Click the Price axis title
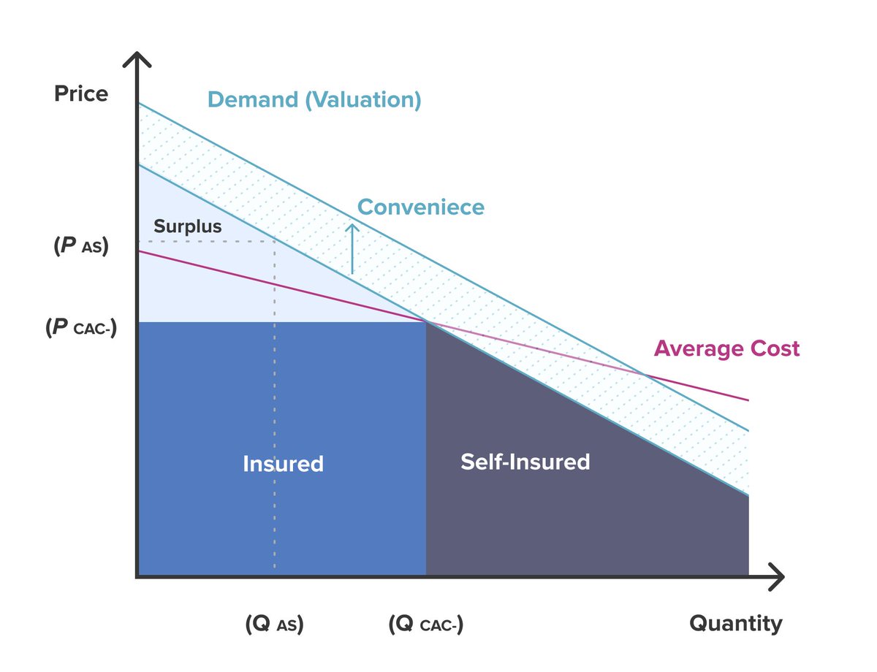point(81,94)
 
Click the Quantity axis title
point(735,624)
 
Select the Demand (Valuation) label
point(314,100)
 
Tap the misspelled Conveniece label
point(420,207)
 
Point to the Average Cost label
point(726,348)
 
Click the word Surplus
point(187,226)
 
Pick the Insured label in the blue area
point(283,464)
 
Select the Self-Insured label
point(525,462)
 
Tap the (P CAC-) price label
point(81,327)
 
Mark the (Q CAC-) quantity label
point(426,625)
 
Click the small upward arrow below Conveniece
point(352,248)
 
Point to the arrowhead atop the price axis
point(137,58)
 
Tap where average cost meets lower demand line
point(426,321)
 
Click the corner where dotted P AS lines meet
point(274,241)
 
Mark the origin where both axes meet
point(137,577)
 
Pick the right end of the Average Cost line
point(748,400)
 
